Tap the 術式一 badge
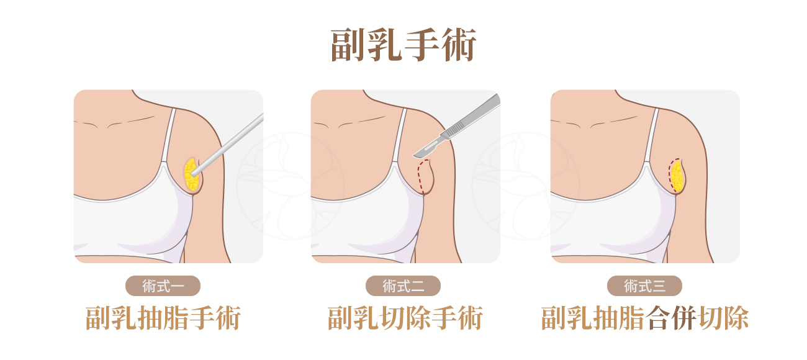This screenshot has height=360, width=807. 163,286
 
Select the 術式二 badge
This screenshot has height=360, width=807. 403,286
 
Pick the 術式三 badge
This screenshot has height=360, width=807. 644,286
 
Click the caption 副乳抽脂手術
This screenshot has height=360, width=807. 163,318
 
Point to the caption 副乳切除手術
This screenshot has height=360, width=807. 404,318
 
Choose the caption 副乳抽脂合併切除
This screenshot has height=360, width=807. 644,318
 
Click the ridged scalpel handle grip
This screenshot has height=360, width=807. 456,128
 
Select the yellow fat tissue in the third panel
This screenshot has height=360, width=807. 677,176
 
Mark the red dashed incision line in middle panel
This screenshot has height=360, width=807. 422,177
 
